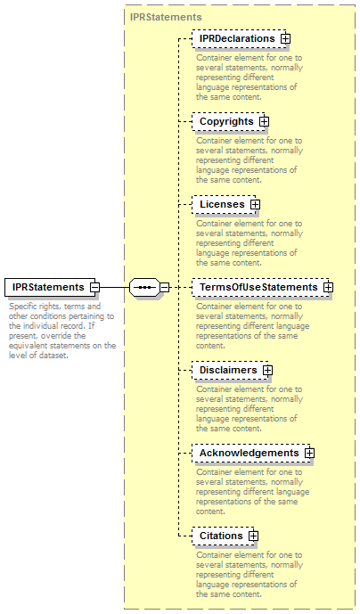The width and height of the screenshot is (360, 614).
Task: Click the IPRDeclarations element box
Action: tap(239, 39)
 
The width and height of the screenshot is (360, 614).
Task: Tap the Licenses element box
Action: tap(224, 204)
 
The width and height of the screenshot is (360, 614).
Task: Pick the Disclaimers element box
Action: tap(230, 370)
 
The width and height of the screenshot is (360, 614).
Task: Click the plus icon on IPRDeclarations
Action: tap(285, 39)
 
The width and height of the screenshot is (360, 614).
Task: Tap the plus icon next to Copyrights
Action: tap(265, 121)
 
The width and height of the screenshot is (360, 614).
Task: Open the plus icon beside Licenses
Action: tap(256, 204)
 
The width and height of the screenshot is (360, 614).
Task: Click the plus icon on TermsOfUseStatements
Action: tap(328, 287)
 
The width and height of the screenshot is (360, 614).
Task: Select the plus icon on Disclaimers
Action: tap(268, 370)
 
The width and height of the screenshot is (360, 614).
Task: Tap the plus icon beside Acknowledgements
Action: tap(310, 453)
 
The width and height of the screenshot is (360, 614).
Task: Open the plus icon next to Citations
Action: tap(253, 536)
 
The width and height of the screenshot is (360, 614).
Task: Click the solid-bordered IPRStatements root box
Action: tap(50, 287)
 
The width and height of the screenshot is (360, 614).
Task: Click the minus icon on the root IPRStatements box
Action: tap(94, 287)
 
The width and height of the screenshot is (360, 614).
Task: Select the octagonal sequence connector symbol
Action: tap(145, 288)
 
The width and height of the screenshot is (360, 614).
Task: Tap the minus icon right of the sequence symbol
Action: tap(165, 287)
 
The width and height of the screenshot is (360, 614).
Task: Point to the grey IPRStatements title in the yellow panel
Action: tap(166, 17)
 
